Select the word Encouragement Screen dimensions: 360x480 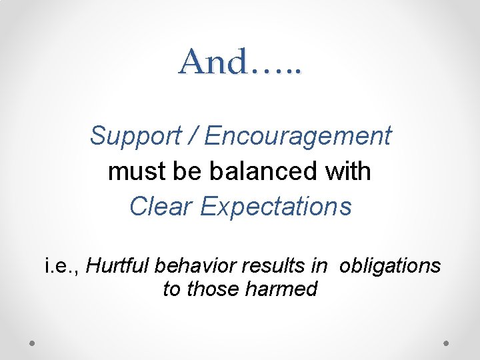[x=298, y=136]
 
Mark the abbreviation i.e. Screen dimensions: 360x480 [x=62, y=266]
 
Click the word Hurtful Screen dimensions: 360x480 [x=118, y=266]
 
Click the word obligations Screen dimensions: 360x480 [x=389, y=266]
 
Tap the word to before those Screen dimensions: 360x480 [x=171, y=289]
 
